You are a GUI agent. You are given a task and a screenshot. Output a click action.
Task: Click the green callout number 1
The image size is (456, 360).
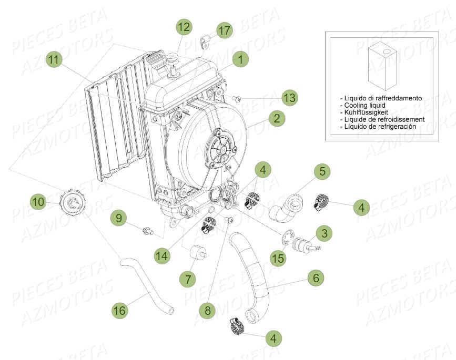(240, 60)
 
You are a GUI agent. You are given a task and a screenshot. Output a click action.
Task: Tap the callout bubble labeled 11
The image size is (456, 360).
(53, 60)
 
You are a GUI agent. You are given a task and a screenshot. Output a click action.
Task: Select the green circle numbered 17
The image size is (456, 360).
(224, 31)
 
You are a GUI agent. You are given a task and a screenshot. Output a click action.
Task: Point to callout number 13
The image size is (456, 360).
(289, 97)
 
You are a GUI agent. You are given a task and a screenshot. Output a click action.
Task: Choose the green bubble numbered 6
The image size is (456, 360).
(315, 278)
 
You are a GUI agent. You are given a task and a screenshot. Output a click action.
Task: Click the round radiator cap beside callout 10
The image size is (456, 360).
(70, 202)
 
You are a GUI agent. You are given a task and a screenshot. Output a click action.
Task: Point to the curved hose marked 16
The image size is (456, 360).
(147, 286)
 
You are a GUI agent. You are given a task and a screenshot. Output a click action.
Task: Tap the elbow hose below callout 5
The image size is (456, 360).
(283, 207)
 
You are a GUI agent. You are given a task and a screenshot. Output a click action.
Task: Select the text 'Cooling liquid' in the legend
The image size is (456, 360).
(362, 105)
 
